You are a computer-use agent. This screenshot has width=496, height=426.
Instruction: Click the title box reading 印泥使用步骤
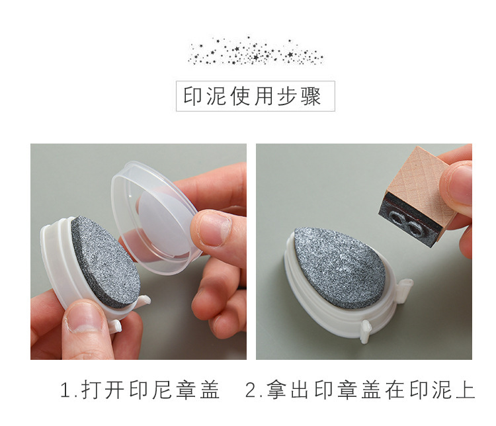coord(255,96)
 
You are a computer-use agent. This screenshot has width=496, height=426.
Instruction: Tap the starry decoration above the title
coord(255,51)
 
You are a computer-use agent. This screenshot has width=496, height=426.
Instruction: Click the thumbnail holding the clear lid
coord(212,228)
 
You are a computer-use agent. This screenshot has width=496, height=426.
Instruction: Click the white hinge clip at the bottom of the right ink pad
coord(366,331)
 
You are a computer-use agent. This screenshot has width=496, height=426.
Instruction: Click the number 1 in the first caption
coord(65,390)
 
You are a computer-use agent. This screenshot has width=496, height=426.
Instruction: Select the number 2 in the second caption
coord(251,390)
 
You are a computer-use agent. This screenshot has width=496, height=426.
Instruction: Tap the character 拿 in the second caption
coord(276,390)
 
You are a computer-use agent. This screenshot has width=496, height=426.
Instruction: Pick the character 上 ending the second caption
coord(466,390)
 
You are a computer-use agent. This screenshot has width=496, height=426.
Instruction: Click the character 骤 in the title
coord(311,96)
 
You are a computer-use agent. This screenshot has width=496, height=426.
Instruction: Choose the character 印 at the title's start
coord(193,96)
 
